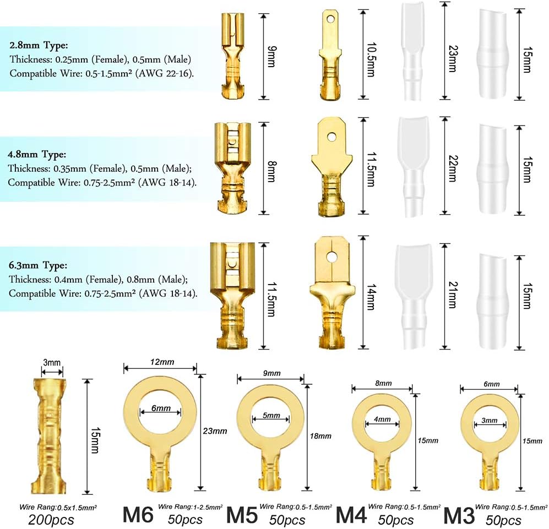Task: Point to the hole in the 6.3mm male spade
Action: [x=331, y=257]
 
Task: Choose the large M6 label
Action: [x=138, y=515]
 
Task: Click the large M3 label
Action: [x=459, y=515]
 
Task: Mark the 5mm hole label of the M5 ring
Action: [x=271, y=416]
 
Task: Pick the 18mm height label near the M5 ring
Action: [x=320, y=436]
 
